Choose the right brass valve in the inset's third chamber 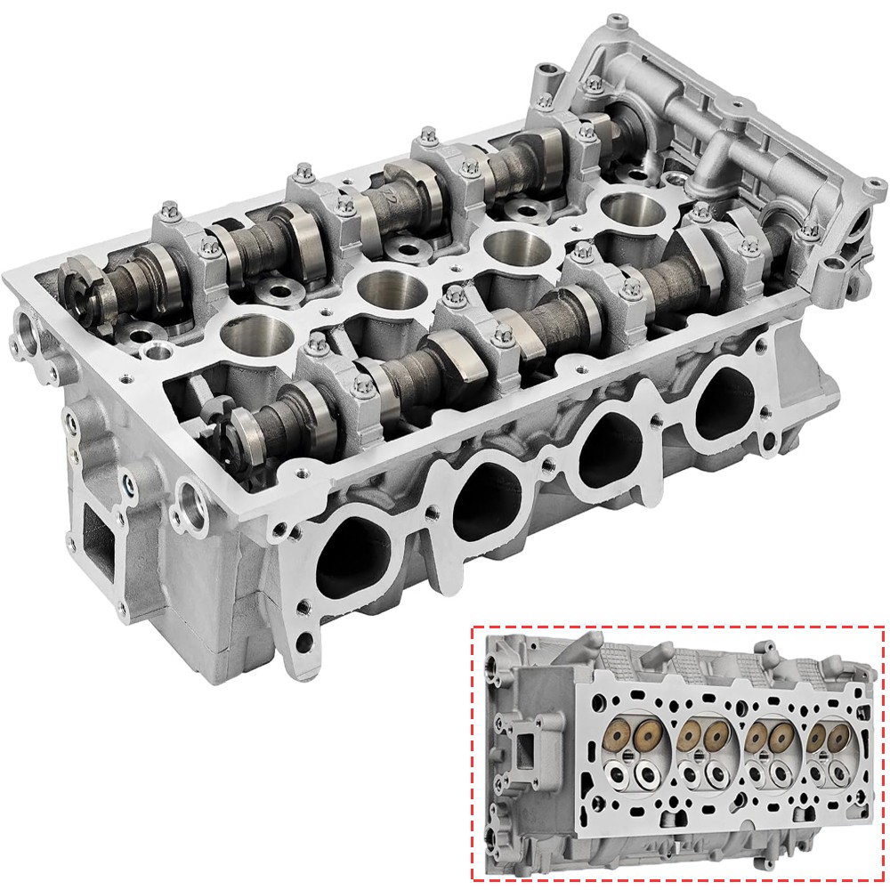tap(782, 737)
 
